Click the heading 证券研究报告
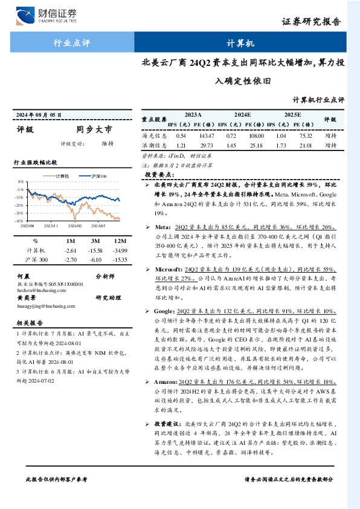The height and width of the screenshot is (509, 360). coord(319,22)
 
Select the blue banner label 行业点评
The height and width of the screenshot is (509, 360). coord(72,44)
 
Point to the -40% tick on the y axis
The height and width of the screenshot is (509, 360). coord(20,221)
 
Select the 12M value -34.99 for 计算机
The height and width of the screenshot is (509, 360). coord(120,250)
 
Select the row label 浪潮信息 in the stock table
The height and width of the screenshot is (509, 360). coord(155,146)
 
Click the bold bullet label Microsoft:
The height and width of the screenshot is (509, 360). coord(167,268)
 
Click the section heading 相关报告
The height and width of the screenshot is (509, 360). coord(28,323)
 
